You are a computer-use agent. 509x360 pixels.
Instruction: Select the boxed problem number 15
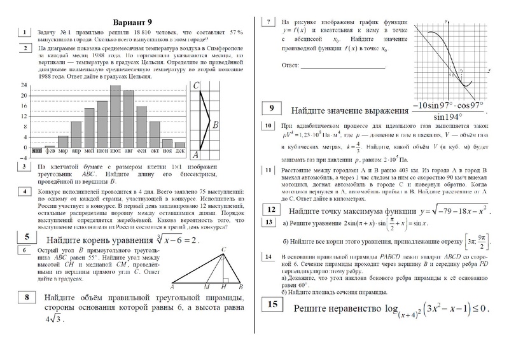(x=272, y=305)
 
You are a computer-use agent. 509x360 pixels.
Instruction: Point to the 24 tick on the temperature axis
(x=24, y=85)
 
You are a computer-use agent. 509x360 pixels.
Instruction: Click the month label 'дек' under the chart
(x=180, y=151)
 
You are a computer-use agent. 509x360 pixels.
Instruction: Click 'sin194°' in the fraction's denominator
(x=448, y=117)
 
